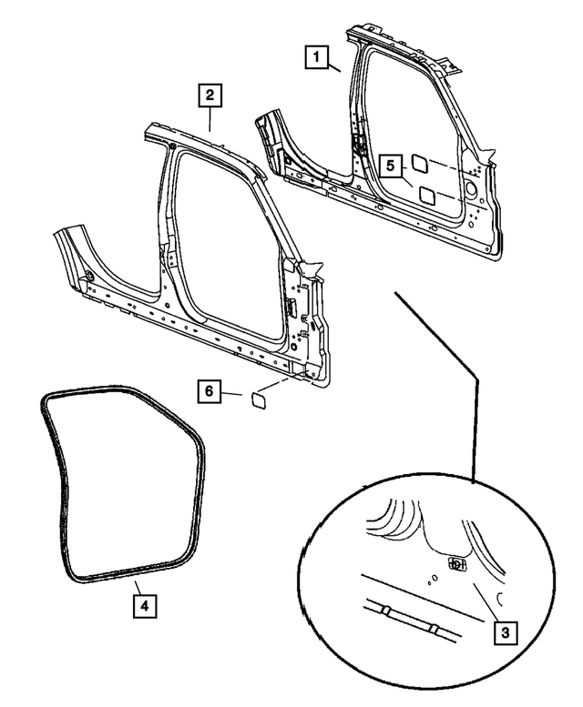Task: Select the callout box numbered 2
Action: [210, 94]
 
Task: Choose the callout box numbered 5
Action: [389, 167]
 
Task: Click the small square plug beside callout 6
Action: [255, 398]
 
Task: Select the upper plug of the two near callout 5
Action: [422, 163]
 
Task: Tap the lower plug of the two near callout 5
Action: [426, 194]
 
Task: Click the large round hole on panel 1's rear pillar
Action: [470, 188]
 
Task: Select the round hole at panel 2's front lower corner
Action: [90, 276]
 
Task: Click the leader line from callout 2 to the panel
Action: [210, 119]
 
